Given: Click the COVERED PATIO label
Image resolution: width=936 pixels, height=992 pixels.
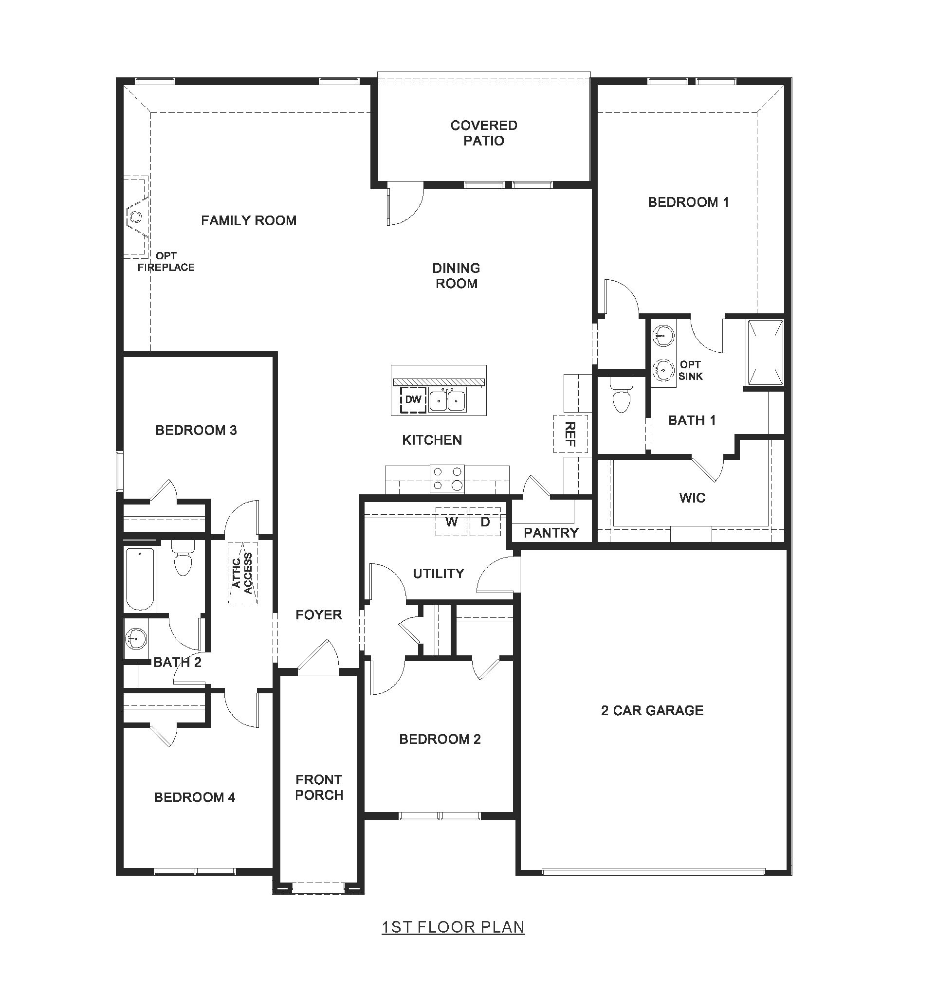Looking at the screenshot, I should point(483,133).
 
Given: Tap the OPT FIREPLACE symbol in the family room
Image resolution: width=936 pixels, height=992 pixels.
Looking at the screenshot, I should point(136,216).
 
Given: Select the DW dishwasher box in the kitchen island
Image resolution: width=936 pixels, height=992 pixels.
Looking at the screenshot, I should point(413,400).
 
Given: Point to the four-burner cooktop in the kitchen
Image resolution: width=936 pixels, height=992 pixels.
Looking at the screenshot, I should point(447,479).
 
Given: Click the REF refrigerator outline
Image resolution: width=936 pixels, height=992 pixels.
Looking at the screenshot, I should point(570,433).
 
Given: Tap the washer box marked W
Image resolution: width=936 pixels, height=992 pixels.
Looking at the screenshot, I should point(451,522).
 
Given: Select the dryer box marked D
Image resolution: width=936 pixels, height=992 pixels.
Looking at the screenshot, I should point(485,522).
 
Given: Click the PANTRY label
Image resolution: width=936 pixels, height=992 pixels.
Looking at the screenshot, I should point(551,533).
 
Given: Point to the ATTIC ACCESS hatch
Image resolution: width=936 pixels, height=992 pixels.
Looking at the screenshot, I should point(242,573).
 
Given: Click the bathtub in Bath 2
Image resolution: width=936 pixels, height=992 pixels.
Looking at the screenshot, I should point(140,579).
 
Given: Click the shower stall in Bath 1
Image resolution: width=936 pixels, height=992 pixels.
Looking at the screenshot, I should point(765,353).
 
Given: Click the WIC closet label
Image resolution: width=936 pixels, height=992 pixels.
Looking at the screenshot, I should point(692,498).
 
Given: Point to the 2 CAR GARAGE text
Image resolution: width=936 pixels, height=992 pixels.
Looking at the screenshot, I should point(652,711).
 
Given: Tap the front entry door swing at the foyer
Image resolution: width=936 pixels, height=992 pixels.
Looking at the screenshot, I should point(319,658).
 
